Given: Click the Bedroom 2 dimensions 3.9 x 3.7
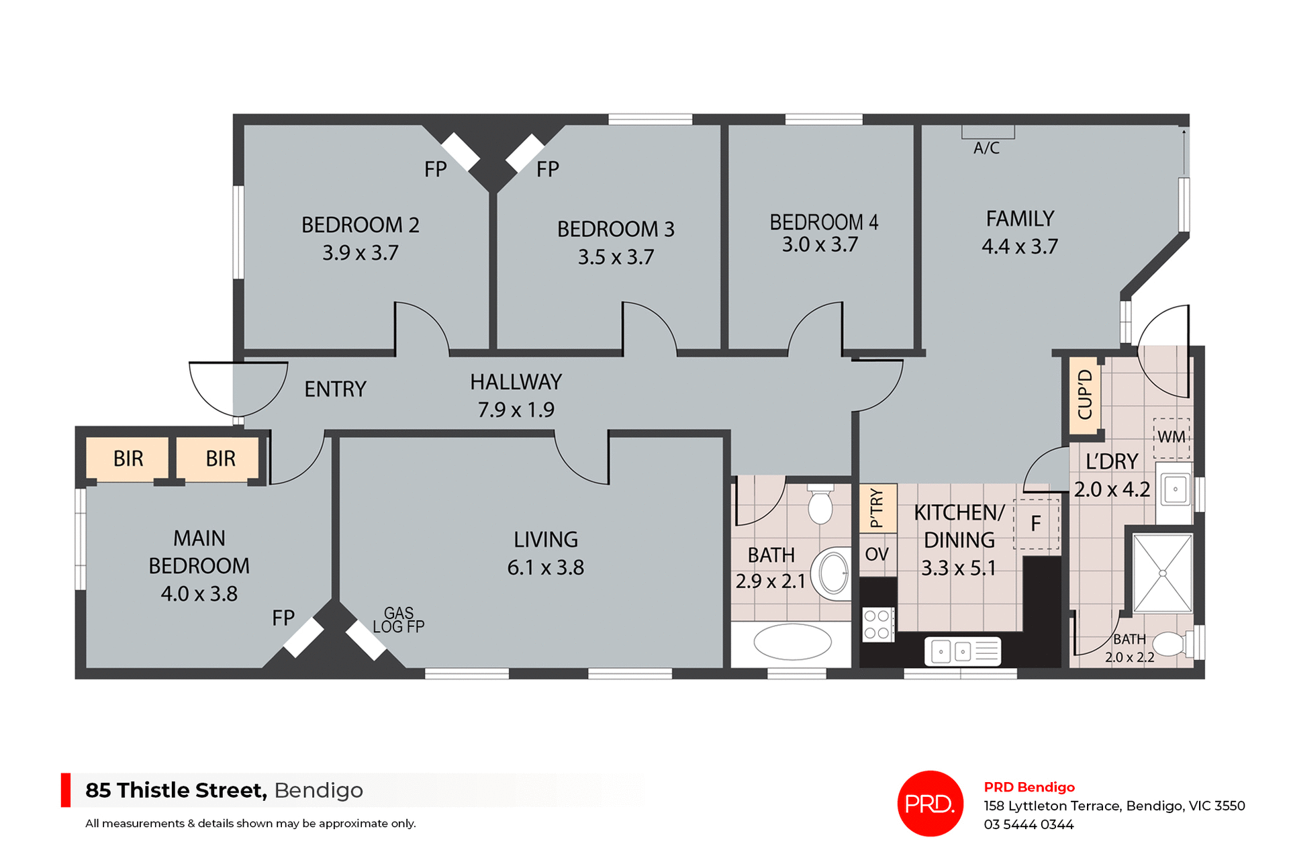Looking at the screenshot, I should (361, 253).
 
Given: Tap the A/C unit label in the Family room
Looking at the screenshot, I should (986, 148).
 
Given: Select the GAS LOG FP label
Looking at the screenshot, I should (399, 620).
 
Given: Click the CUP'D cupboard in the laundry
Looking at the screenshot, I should (1084, 395).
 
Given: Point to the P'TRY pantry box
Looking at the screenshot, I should (877, 508).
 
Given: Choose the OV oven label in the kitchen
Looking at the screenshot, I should (877, 555).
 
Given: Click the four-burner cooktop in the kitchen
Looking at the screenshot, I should (877, 624).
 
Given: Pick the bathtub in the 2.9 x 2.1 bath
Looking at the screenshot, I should (792, 642).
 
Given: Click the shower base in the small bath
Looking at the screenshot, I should (1162, 573).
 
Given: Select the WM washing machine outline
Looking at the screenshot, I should (1172, 437).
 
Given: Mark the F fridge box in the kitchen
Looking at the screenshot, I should (1036, 524).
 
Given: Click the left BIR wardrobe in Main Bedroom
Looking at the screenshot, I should (128, 459).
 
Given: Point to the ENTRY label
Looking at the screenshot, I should (335, 389).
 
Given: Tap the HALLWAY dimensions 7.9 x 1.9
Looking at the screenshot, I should (516, 410).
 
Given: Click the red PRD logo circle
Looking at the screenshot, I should (930, 803).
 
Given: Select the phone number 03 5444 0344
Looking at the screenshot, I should (1029, 824).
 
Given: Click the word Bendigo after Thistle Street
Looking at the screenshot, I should (318, 790).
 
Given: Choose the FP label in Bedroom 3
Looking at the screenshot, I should (548, 169).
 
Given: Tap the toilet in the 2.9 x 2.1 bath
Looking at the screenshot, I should (820, 504).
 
